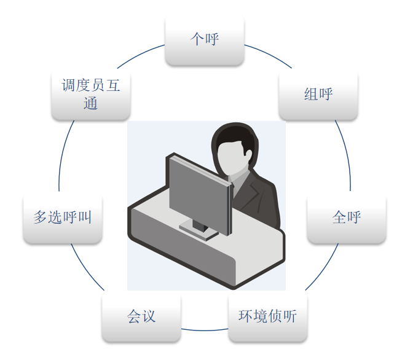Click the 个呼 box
[x=205, y=40]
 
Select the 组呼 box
[x=318, y=95]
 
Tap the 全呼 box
[x=346, y=217]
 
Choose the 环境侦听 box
[x=267, y=317]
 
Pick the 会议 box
[x=141, y=317]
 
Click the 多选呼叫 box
[x=62, y=217]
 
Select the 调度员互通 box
[x=90, y=95]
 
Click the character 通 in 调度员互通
[x=90, y=104]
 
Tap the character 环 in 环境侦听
[x=245, y=317]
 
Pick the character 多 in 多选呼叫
[x=41, y=217]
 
